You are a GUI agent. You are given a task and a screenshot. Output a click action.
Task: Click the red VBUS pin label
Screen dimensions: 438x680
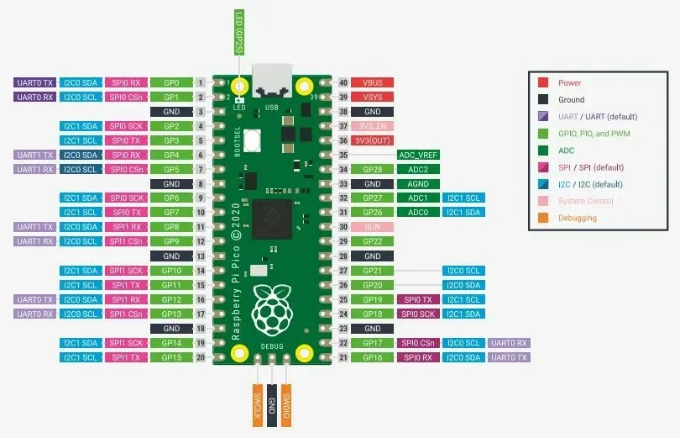[373, 83]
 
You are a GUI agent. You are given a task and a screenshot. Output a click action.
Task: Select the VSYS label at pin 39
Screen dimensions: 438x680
[373, 98]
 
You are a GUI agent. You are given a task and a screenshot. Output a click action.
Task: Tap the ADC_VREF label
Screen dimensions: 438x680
[417, 155]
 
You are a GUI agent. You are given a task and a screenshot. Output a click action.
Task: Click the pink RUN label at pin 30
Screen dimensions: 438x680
[373, 227]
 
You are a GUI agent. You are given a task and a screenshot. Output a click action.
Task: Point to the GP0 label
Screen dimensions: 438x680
[172, 83]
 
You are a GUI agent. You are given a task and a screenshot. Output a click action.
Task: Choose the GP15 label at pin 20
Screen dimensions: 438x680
[172, 357]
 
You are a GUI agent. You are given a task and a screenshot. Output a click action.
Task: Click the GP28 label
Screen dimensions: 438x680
[373, 170]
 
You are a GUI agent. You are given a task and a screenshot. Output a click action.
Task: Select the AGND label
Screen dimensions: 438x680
[417, 184]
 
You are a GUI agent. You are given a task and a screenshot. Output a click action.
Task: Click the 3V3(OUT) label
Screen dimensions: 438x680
[373, 140]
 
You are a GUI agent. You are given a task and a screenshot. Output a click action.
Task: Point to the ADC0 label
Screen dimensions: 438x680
[417, 213]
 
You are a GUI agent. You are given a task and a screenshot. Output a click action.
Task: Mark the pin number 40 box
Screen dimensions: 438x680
[343, 83]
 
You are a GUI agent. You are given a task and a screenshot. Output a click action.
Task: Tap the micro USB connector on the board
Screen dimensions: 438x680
[272, 81]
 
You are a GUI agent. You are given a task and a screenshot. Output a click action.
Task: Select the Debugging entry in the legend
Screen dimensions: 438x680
[578, 219]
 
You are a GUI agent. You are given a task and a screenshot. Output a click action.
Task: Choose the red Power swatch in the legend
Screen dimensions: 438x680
[543, 83]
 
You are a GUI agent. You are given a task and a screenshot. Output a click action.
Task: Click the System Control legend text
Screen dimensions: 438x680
[586, 201]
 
